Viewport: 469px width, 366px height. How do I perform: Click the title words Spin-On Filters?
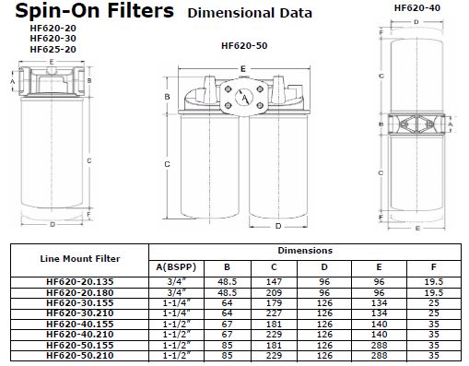pyautogui.click(x=94, y=10)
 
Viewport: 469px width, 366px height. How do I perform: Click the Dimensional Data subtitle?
pyautogui.click(x=250, y=13)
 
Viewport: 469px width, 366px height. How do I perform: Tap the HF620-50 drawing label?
pyautogui.click(x=244, y=46)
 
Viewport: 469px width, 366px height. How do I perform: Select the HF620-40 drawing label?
pyautogui.click(x=416, y=7)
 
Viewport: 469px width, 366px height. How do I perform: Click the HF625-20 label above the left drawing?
pyautogui.click(x=53, y=49)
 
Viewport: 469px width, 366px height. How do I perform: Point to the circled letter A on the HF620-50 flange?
pyautogui.click(x=244, y=98)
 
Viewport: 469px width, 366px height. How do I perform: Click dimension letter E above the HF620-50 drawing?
pyautogui.click(x=243, y=68)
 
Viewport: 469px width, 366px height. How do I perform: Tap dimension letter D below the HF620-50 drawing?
pyautogui.click(x=278, y=226)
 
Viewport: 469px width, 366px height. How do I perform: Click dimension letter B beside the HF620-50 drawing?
pyautogui.click(x=167, y=97)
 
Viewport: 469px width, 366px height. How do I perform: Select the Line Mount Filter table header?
pyautogui.click(x=80, y=259)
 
